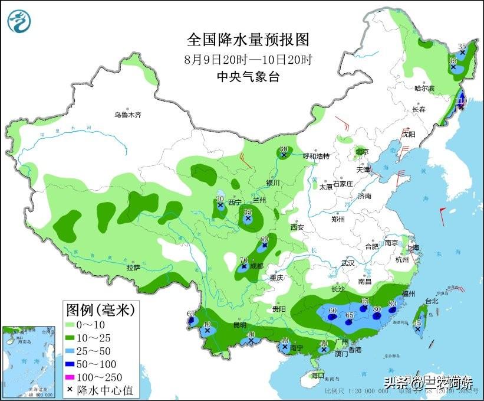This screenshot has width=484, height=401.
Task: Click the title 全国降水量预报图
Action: [248, 40]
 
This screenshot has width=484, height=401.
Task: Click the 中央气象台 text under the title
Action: [248, 76]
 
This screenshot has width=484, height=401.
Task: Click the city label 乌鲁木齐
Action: [128, 115]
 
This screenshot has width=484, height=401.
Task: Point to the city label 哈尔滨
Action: [424, 89]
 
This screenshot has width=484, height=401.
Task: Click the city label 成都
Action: [256, 266]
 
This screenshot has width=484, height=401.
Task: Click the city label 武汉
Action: [348, 263]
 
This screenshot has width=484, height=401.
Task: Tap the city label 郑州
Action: [338, 219]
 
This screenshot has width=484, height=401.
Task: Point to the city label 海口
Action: [318, 375]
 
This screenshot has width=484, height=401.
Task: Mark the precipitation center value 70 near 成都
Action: [243, 260]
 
